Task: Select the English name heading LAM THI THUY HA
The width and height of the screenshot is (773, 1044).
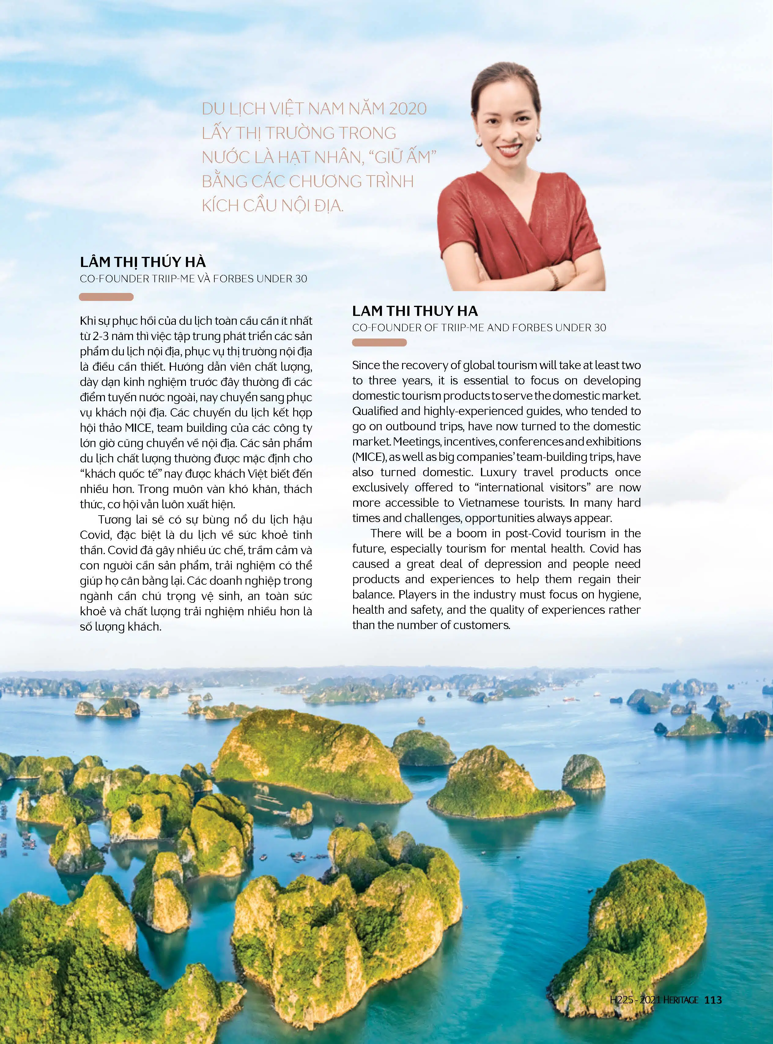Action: point(415,311)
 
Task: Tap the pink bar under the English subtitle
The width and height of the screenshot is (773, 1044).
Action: point(379,342)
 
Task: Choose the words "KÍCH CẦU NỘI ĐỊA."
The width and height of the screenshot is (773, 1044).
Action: point(273,206)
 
